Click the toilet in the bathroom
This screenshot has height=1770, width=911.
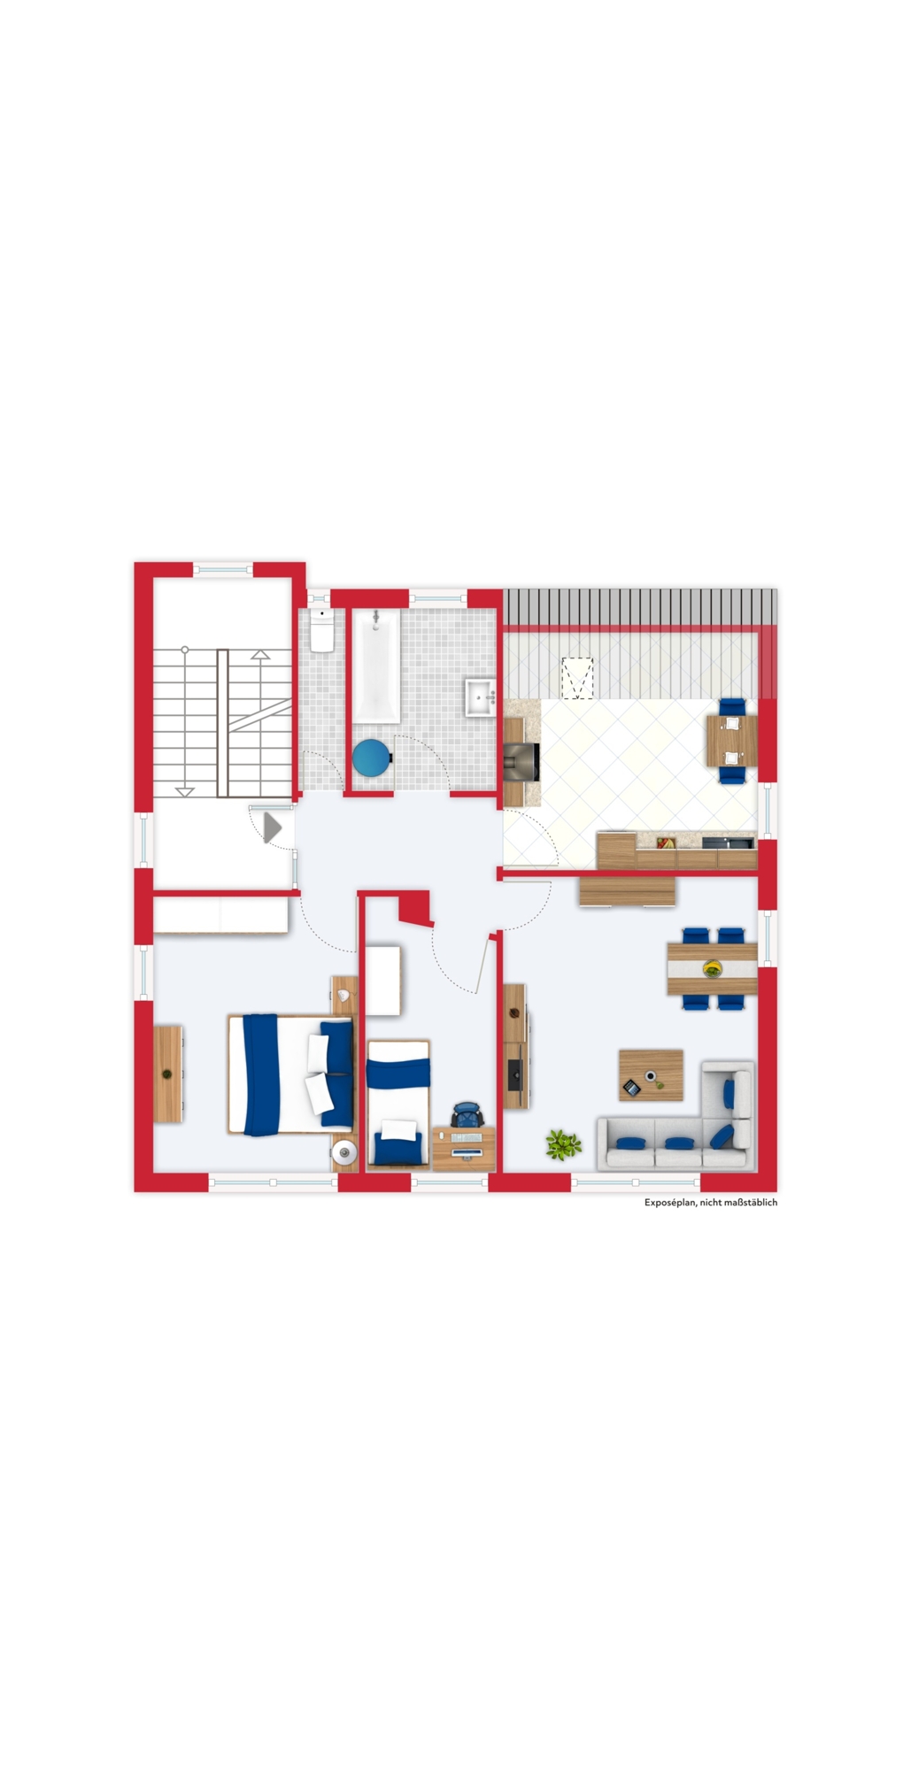point(322,629)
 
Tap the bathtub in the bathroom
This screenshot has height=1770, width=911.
point(376,664)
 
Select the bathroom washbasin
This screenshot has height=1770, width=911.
point(481,696)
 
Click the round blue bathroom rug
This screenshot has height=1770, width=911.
point(371,758)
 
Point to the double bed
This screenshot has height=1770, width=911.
point(290,1074)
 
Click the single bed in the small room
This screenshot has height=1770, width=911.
point(398,1103)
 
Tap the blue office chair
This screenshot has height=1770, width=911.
point(467,1115)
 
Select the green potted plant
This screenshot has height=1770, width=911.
point(563,1144)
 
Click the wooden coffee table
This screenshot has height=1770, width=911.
point(651,1074)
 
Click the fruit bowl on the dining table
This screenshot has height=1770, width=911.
point(712,969)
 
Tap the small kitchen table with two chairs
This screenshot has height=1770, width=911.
point(731,741)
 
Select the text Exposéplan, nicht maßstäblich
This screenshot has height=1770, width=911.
point(711,1203)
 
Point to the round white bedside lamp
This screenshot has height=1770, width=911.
point(344,1152)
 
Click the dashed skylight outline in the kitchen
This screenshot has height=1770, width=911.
point(578,679)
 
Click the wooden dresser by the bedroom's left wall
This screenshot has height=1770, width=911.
point(168,1074)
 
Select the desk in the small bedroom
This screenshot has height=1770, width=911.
point(464,1148)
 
